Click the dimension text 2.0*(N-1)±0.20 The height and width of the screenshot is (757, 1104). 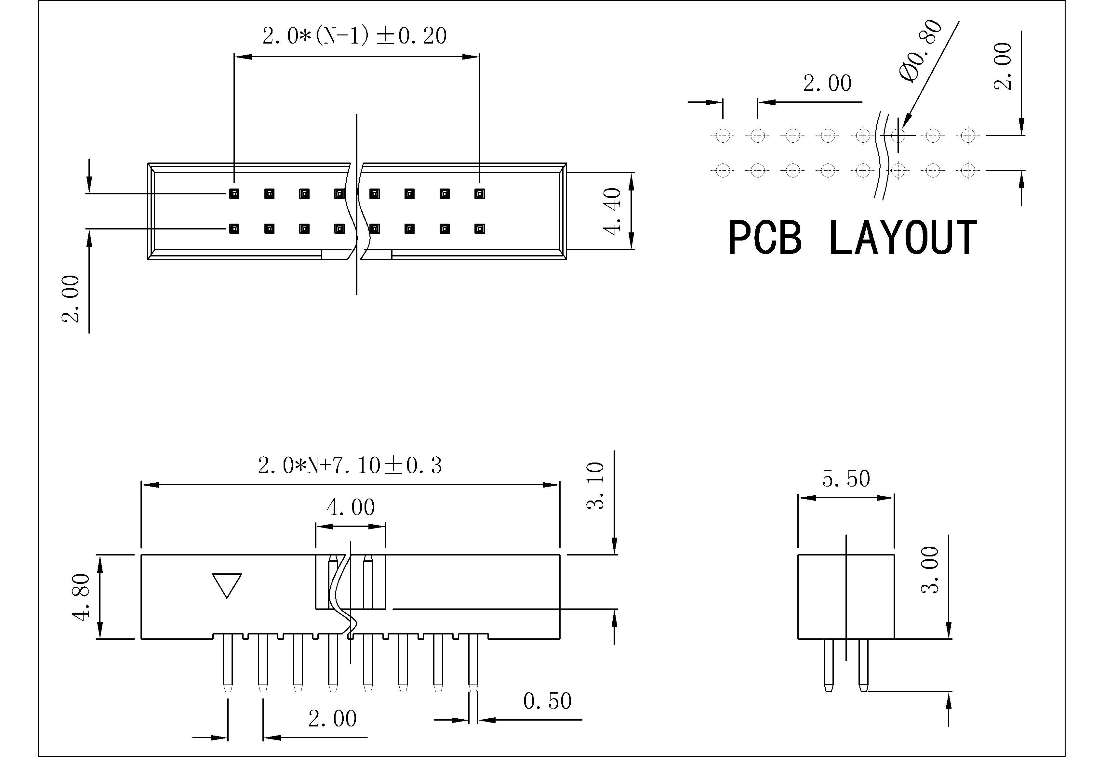pos(354,36)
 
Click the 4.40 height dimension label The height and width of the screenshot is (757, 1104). pos(613,211)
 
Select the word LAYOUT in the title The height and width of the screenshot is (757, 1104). pos(903,238)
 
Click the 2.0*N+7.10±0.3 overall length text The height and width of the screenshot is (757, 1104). pos(350,466)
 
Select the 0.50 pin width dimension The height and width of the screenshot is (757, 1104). pos(547,701)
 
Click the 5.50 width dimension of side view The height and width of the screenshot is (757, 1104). pos(846,479)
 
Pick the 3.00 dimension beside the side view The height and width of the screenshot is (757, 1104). pos(930,570)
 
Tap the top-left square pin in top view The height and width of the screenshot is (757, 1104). pos(234,194)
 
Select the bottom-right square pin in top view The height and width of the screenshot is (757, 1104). pos(479,229)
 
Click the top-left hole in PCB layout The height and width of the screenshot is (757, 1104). pos(723,136)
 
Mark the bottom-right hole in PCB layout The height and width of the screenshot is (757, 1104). pos(968,170)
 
